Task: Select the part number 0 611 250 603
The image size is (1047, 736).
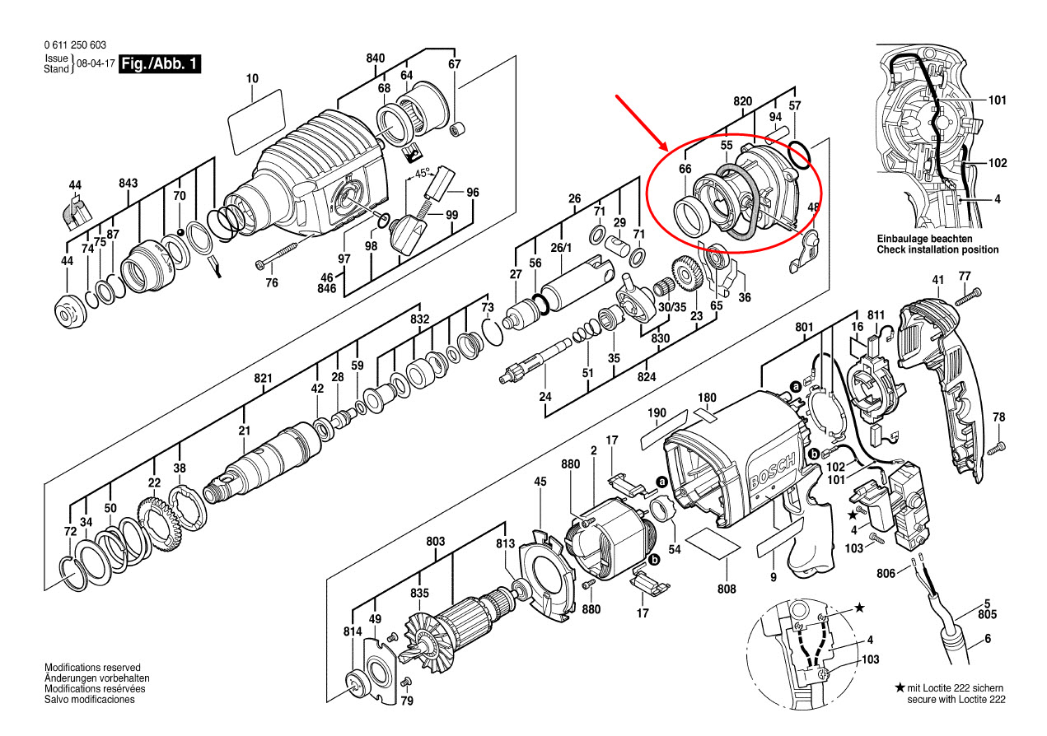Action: click(75, 45)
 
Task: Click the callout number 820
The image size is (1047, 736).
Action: click(743, 101)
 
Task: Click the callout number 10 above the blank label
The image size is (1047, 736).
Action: click(252, 79)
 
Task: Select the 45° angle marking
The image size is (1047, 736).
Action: click(423, 175)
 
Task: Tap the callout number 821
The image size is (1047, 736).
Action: click(263, 378)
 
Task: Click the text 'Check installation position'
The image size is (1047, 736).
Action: click(937, 249)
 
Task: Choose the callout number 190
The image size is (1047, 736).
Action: click(656, 413)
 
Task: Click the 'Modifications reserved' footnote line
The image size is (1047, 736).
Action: click(92, 668)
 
